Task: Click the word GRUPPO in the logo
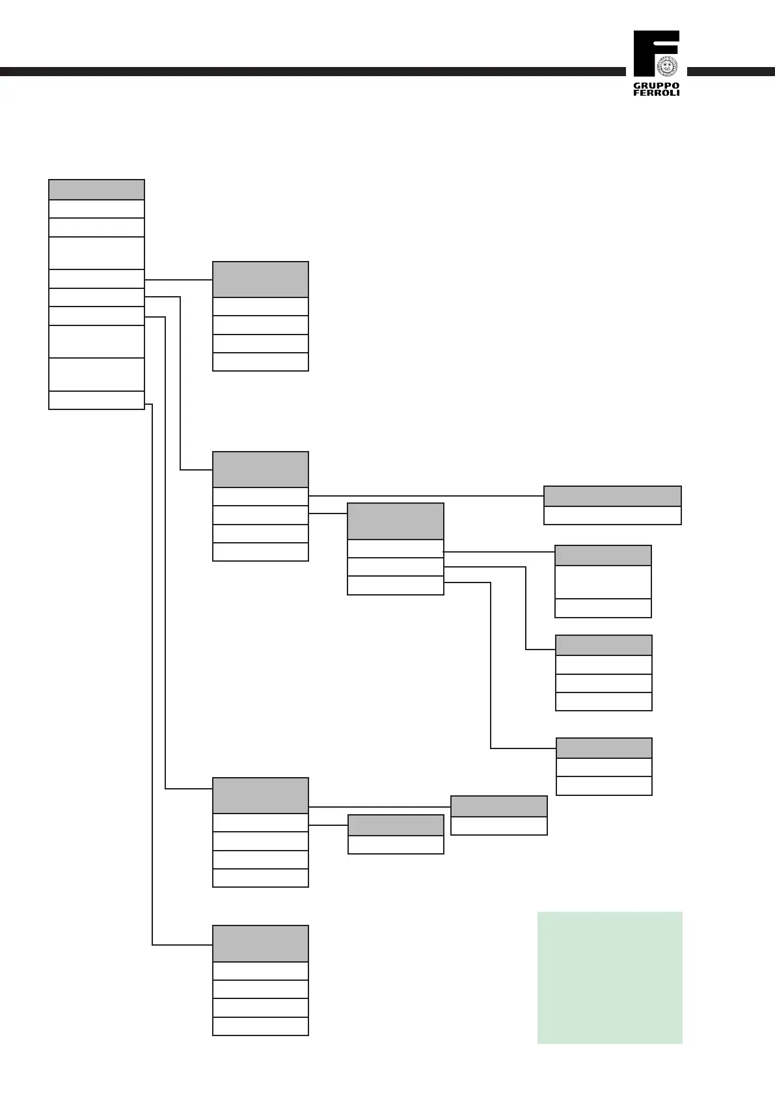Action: point(656,86)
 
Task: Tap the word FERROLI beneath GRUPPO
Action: point(656,93)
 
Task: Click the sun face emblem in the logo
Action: point(667,66)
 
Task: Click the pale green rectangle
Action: point(610,978)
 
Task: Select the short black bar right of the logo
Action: point(731,72)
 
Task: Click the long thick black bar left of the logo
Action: point(312,72)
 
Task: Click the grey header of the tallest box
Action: point(96,189)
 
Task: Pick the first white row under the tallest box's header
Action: point(96,209)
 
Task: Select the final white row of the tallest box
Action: point(96,400)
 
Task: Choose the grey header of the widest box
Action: point(612,496)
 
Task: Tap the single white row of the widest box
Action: point(612,515)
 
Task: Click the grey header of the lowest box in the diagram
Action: point(260,944)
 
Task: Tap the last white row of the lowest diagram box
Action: point(260,1026)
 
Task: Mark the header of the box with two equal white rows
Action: point(604,748)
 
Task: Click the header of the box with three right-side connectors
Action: point(396,521)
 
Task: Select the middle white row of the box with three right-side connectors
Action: point(396,567)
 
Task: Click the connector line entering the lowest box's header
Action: point(182,944)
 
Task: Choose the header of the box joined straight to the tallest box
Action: point(260,279)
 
